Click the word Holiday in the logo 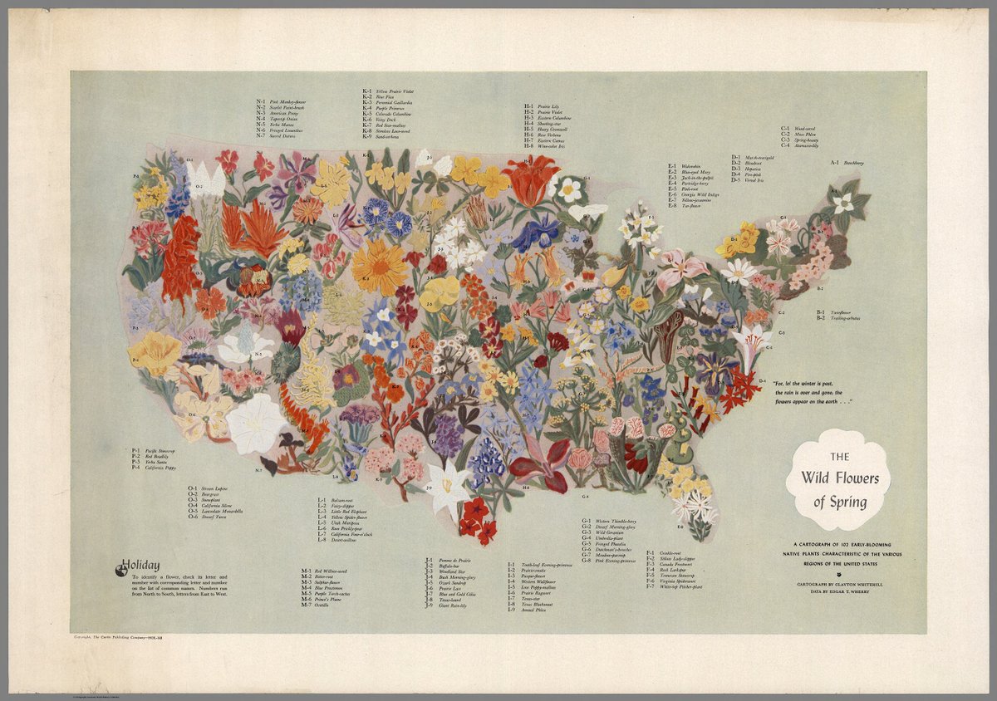pyautogui.click(x=142, y=566)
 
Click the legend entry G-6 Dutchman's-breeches pyautogui.click(x=612, y=549)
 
